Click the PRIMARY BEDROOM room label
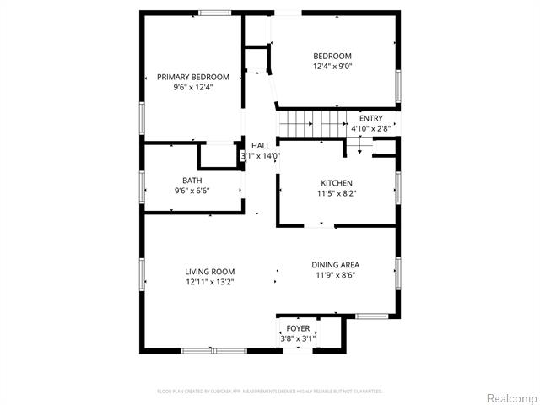193,77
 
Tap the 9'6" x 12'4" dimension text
193,86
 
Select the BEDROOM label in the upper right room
332,57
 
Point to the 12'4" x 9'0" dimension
332,66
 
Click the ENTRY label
370,118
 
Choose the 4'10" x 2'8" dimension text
370,128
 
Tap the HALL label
261,146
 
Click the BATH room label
192,181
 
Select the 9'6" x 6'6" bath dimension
192,191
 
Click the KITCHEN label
336,183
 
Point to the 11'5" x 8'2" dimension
336,193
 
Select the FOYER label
298,328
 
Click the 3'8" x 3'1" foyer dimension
298,338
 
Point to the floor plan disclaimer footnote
270,391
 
